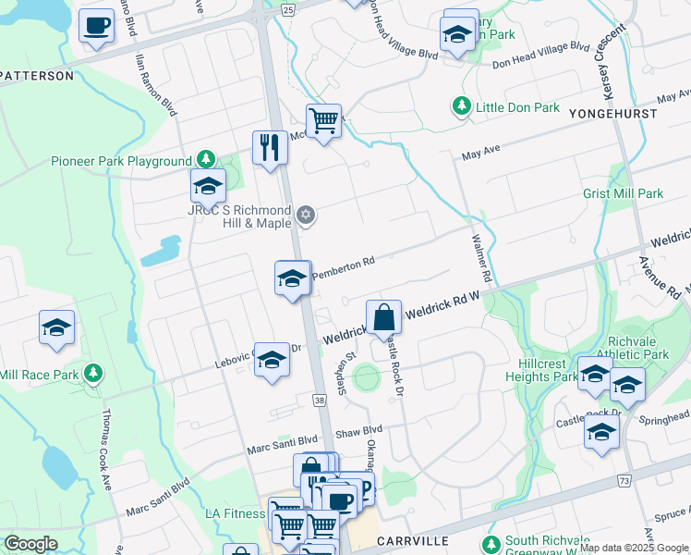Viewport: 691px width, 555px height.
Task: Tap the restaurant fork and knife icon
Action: click(270, 147)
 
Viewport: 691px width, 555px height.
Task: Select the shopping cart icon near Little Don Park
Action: click(323, 120)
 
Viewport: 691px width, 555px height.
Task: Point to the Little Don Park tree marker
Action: click(462, 107)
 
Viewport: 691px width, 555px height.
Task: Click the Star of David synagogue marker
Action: click(307, 216)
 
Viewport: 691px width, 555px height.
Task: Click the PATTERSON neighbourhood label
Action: click(37, 76)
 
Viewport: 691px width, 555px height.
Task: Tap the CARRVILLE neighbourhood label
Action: click(412, 540)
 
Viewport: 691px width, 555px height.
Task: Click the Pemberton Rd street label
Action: click(343, 264)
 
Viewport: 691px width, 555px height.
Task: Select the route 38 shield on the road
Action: click(320, 401)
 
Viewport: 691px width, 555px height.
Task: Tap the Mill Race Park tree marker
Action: click(92, 374)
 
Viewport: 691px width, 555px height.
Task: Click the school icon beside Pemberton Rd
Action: click(292, 277)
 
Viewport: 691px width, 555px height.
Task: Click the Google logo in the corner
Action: click(30, 544)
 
